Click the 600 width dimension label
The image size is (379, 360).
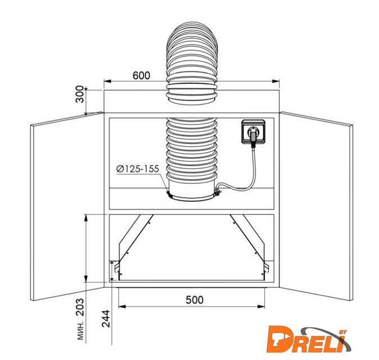tap(141, 75)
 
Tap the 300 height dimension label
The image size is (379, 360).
tap(79, 94)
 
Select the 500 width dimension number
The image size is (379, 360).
tap(195, 300)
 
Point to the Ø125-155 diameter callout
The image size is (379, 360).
tap(138, 169)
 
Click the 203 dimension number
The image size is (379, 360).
tap(80, 307)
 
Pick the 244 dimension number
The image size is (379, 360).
tap(106, 318)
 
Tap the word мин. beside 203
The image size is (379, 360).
tap(81, 331)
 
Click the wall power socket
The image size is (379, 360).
tap(254, 132)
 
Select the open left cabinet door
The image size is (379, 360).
tap(67, 206)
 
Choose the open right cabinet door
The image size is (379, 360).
tap(316, 206)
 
